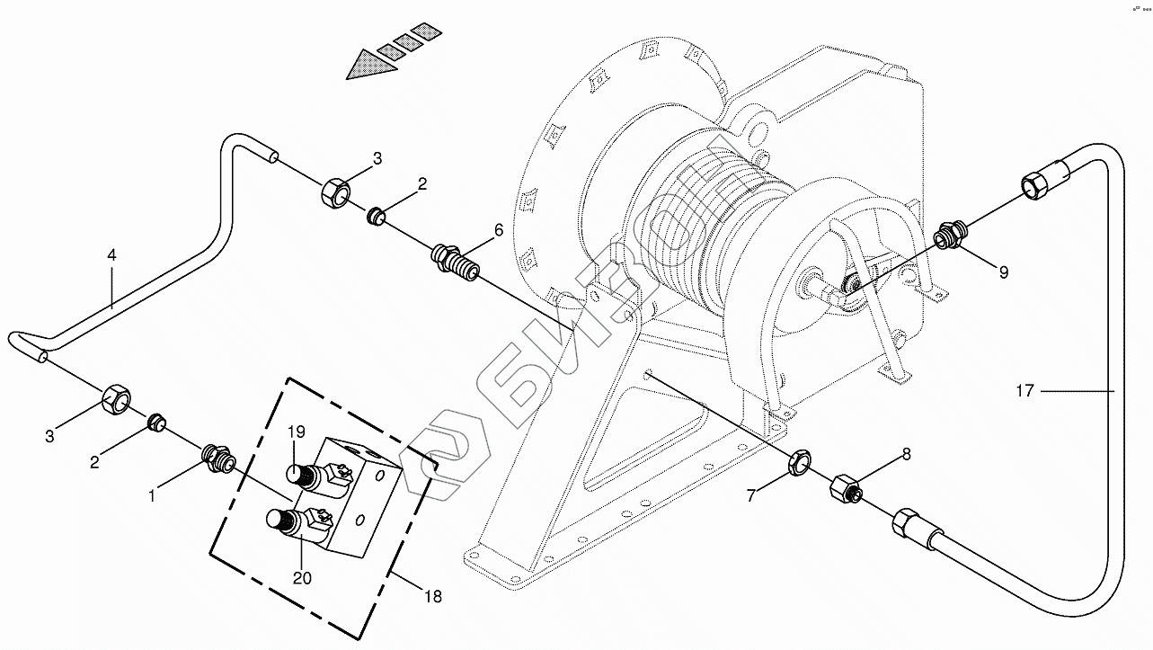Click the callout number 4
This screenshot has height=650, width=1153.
111,255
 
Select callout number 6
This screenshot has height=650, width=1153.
498,231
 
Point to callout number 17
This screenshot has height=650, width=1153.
1026,390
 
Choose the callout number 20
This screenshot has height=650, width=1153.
302,578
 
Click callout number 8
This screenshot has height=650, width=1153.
906,455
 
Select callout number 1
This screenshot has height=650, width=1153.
153,494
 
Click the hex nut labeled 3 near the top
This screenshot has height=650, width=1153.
335,192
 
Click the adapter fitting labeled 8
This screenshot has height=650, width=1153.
846,490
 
